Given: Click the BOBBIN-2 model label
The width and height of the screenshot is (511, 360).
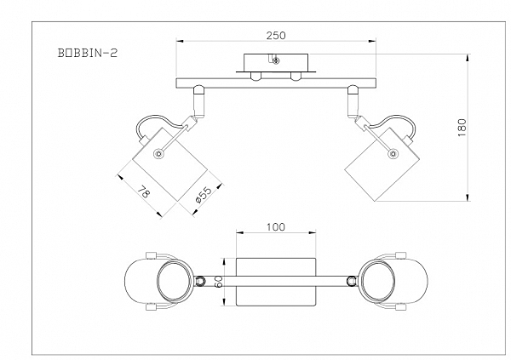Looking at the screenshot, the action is click(x=88, y=53).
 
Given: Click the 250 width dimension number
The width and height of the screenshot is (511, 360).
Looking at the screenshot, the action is click(x=276, y=35).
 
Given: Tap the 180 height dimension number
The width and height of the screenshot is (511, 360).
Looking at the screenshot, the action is click(x=462, y=128).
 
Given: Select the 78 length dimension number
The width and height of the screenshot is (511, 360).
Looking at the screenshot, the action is click(x=143, y=191).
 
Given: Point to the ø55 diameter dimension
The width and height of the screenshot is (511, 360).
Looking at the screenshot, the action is click(x=204, y=195).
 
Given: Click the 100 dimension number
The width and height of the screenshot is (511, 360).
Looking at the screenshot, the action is click(x=276, y=226).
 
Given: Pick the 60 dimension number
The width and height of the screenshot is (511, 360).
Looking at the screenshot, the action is click(x=218, y=281).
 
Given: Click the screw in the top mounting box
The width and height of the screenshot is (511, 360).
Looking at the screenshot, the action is click(x=276, y=60).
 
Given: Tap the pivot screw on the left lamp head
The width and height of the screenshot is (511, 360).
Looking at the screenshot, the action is click(x=158, y=153).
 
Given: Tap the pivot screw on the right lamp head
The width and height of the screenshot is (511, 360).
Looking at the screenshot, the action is click(x=393, y=153).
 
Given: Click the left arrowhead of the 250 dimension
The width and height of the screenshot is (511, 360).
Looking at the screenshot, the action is click(x=181, y=41).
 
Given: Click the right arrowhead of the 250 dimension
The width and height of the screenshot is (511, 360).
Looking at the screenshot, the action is click(x=372, y=41).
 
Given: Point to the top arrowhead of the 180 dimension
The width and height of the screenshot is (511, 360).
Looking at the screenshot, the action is click(x=468, y=59).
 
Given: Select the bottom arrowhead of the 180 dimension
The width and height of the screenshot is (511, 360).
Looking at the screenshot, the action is click(x=468, y=197).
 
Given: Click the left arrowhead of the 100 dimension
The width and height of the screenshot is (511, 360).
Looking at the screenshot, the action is click(x=240, y=232).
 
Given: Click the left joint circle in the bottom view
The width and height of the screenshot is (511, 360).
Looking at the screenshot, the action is click(x=200, y=281).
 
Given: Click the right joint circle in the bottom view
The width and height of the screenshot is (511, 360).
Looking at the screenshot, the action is click(x=352, y=281).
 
